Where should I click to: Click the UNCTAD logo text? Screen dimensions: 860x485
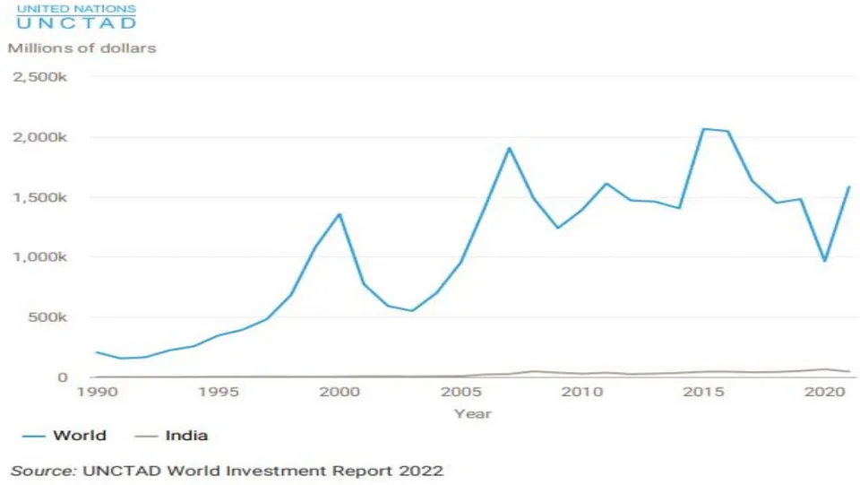(76, 17)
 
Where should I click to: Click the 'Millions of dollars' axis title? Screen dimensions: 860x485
(82, 48)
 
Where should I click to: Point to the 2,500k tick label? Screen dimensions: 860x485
(40, 77)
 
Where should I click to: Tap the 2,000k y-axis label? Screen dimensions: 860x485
(40, 137)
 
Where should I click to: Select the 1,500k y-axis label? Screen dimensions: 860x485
(40, 197)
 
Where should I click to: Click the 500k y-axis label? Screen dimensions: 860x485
(47, 317)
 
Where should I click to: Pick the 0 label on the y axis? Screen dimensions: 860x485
(63, 377)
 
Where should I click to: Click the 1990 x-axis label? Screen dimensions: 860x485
(97, 392)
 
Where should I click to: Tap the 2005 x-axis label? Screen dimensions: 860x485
(461, 392)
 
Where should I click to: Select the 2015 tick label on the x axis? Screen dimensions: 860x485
(704, 392)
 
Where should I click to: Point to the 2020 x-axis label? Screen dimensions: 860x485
(825, 392)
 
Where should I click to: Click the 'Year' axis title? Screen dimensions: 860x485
(473, 413)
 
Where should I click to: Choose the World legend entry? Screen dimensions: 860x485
(64, 436)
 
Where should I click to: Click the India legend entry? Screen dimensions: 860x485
(171, 436)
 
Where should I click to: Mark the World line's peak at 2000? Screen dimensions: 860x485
(340, 214)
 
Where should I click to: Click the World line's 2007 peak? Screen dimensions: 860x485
(509, 148)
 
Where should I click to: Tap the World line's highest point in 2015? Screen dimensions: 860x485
(704, 129)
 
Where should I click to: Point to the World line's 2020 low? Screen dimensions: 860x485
(825, 261)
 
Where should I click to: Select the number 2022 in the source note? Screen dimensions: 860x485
(421, 472)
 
